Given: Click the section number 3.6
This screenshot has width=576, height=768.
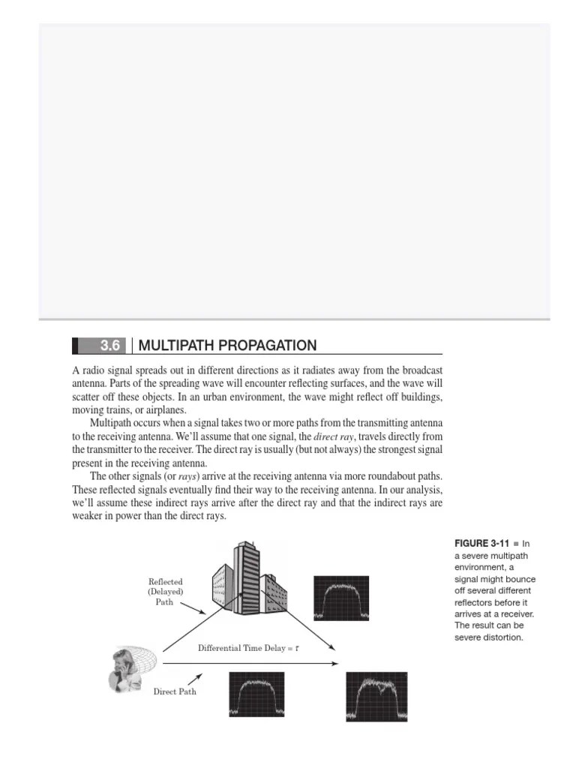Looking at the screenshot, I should (x=110, y=346).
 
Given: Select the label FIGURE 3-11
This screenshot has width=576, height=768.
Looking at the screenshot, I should (x=481, y=543).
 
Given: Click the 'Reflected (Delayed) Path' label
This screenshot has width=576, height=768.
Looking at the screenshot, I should (x=166, y=591).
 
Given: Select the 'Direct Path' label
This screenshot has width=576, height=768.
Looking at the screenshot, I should (x=175, y=691).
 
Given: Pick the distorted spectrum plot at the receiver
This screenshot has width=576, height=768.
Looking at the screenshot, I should (x=376, y=695).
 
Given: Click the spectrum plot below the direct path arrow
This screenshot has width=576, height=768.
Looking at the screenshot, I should (x=256, y=694).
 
